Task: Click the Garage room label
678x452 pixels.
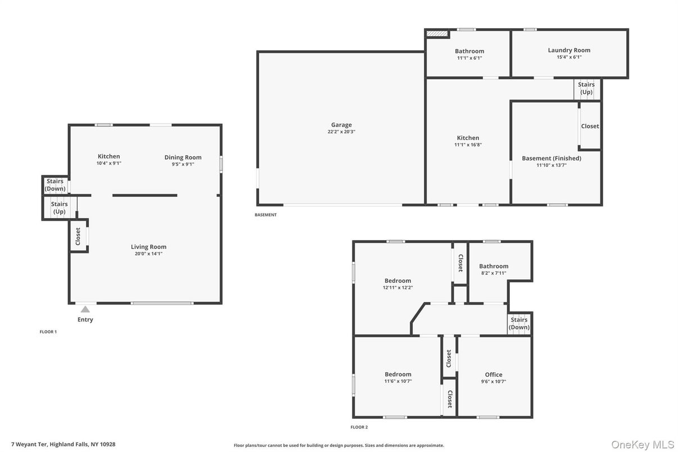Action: click(x=341, y=125)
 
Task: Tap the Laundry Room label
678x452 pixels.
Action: click(x=569, y=50)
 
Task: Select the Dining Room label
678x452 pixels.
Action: click(x=183, y=157)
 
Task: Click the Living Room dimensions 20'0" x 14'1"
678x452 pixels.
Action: click(x=148, y=254)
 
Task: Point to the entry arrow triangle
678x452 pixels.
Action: click(x=85, y=309)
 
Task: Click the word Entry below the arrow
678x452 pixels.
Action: click(x=85, y=319)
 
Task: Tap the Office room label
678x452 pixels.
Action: click(x=494, y=374)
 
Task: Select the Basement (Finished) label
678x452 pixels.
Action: click(x=551, y=158)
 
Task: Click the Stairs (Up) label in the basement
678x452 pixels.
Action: click(x=586, y=88)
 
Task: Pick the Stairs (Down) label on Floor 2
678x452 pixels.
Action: click(x=519, y=323)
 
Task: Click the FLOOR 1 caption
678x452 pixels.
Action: click(x=48, y=332)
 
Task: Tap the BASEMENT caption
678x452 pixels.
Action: click(x=265, y=215)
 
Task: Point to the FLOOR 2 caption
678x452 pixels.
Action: click(x=359, y=427)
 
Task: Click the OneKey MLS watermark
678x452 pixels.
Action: click(x=643, y=444)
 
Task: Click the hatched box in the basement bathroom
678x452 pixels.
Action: click(x=437, y=34)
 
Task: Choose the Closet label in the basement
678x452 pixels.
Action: click(x=590, y=126)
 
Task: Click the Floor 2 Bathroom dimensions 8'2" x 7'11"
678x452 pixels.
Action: click(x=494, y=273)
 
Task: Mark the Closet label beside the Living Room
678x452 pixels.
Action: click(x=78, y=236)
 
